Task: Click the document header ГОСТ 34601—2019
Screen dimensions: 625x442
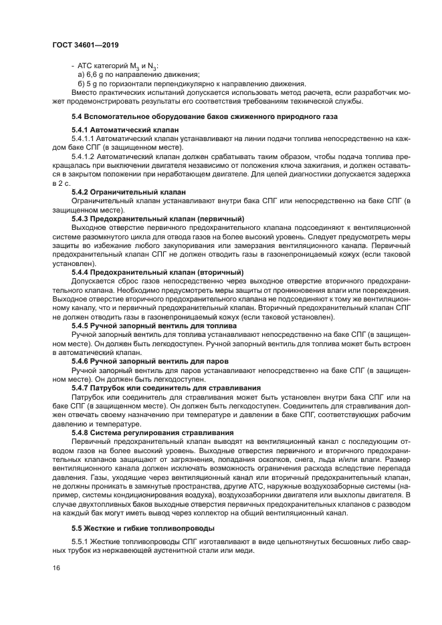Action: (x=80, y=45)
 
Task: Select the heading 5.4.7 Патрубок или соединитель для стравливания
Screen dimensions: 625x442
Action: (x=166, y=387)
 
